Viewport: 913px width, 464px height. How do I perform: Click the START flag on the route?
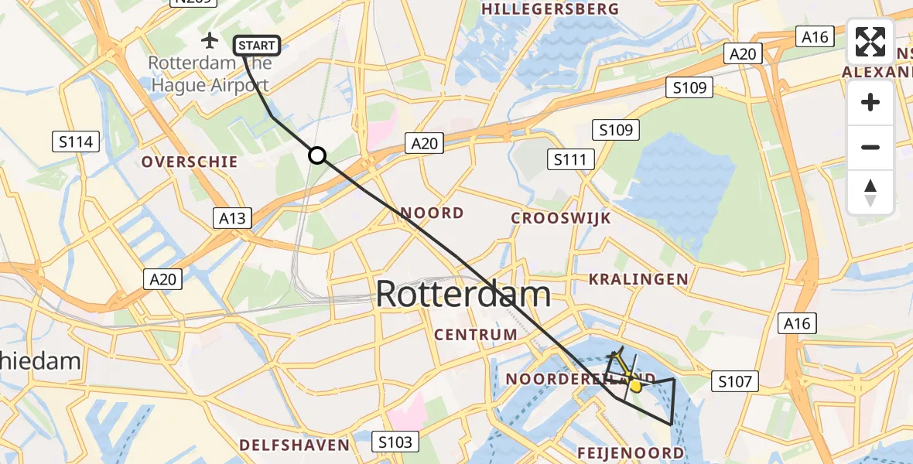point(256,46)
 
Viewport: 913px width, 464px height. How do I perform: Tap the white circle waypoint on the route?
point(317,155)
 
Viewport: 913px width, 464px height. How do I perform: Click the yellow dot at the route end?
point(635,385)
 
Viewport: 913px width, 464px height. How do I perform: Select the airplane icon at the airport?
point(209,39)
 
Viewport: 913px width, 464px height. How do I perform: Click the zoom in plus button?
point(870,103)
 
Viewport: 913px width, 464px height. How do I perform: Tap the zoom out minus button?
point(870,147)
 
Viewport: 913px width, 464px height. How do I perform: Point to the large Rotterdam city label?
point(463,295)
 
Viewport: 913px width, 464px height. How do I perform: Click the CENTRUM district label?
point(476,335)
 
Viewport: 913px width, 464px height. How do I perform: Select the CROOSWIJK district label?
point(561,218)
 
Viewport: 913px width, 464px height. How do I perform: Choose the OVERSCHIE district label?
point(190,162)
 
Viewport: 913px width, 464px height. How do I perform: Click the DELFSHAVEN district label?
point(294,445)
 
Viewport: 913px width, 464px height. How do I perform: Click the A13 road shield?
point(232,218)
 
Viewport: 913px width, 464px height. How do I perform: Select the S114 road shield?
point(76,142)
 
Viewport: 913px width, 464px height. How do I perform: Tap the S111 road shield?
point(570,160)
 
